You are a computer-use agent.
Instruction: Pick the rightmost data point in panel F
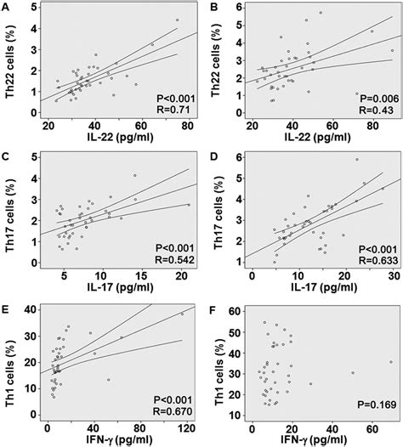[391, 361]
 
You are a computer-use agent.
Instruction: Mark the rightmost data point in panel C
[187, 205]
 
